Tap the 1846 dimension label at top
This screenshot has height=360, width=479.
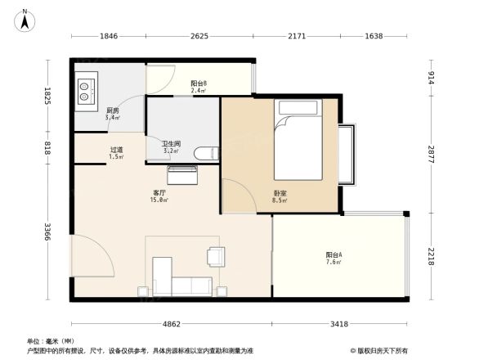(109, 36)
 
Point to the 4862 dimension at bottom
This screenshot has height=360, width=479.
(171, 325)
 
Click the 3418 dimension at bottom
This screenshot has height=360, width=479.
(341, 325)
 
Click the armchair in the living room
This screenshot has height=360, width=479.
(217, 256)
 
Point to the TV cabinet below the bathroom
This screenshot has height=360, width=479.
(181, 174)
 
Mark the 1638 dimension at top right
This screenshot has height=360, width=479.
(374, 36)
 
